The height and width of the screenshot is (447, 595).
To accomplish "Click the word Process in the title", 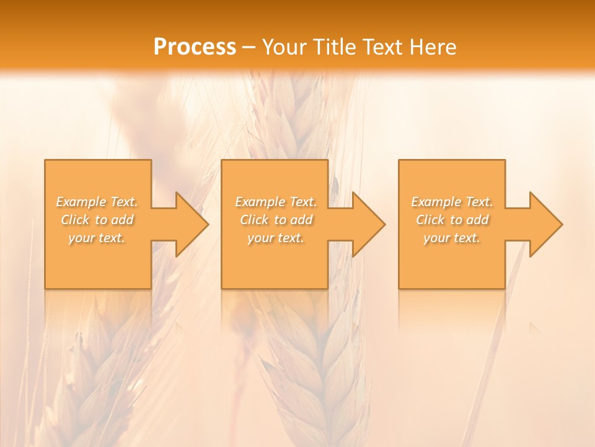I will click(195, 47).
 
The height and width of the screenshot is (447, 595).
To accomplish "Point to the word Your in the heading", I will click(284, 47).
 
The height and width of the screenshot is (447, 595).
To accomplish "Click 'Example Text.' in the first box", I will click(97, 202).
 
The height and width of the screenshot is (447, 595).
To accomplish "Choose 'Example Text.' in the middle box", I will click(276, 202).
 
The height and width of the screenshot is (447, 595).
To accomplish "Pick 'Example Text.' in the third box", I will click(452, 202).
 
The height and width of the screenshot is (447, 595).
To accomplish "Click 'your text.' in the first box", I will click(97, 238).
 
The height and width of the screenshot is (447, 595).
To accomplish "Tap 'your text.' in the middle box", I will click(276, 238).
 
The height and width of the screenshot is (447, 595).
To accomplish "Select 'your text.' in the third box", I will click(452, 238).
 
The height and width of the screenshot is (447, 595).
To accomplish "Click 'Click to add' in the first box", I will click(97, 220).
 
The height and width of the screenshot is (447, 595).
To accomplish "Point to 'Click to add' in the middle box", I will click(276, 220).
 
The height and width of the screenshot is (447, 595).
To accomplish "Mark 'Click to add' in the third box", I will click(452, 220).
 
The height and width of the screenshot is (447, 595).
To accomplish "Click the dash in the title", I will click(249, 47).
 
